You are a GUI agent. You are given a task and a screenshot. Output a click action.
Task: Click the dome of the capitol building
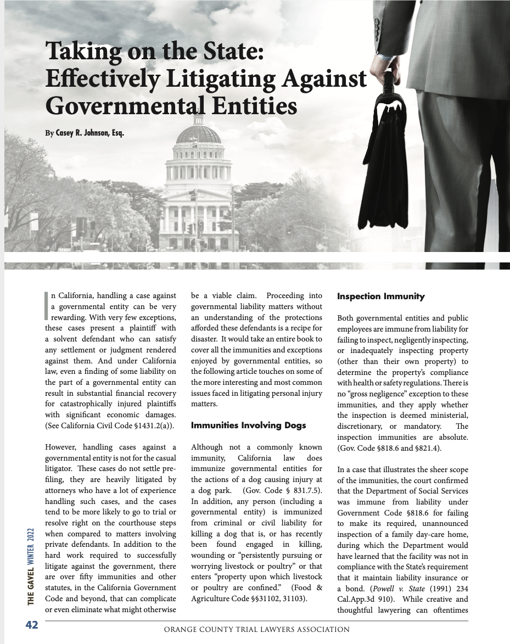tap(198, 133)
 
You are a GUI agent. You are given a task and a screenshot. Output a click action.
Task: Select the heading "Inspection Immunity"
tap(381, 296)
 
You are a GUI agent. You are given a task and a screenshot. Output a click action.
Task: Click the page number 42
tap(31, 625)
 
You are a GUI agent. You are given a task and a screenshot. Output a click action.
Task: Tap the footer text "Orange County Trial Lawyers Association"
tap(257, 630)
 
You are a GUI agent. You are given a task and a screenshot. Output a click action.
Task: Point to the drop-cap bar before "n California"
tap(47, 303)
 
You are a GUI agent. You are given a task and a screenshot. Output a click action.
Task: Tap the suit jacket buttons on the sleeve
tap(377, 25)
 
